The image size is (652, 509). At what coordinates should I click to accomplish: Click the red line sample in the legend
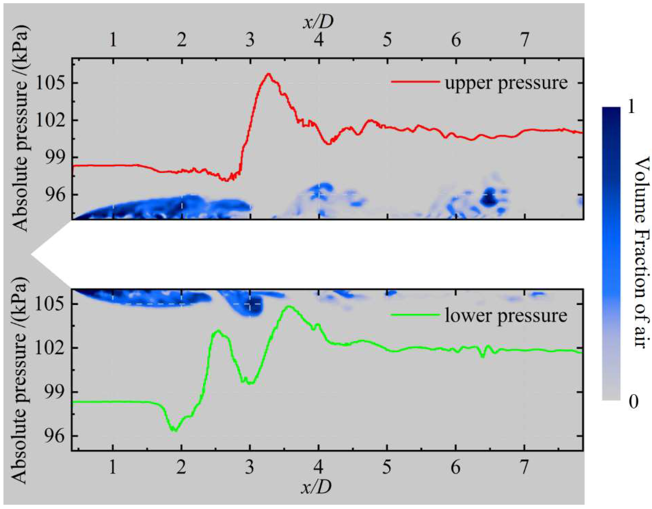pyautogui.click(x=415, y=82)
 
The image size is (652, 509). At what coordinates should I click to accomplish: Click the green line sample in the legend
pyautogui.click(x=415, y=315)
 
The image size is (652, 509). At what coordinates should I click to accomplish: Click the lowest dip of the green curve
pyautogui.click(x=175, y=431)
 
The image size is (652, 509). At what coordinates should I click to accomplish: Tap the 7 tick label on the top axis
pyautogui.click(x=525, y=39)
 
